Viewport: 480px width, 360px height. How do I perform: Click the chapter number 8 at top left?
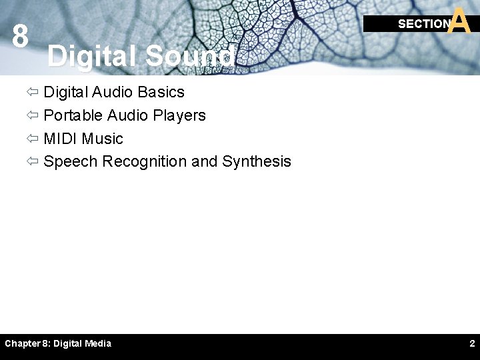(20, 37)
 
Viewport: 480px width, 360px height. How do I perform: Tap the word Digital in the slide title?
(92, 57)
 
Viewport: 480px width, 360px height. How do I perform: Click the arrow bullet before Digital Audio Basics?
(33, 93)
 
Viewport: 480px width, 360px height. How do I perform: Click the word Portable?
(73, 115)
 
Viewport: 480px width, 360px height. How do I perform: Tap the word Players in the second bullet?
(179, 115)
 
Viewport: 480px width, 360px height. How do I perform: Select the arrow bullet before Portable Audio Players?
(33, 116)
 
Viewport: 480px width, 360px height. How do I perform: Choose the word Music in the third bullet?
(103, 139)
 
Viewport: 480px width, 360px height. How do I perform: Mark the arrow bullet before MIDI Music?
(33, 139)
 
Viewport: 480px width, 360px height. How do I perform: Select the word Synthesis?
(257, 161)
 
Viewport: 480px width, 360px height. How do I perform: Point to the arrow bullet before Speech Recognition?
(33, 162)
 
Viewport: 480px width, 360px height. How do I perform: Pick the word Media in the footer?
(97, 343)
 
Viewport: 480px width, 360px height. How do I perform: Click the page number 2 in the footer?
(472, 343)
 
